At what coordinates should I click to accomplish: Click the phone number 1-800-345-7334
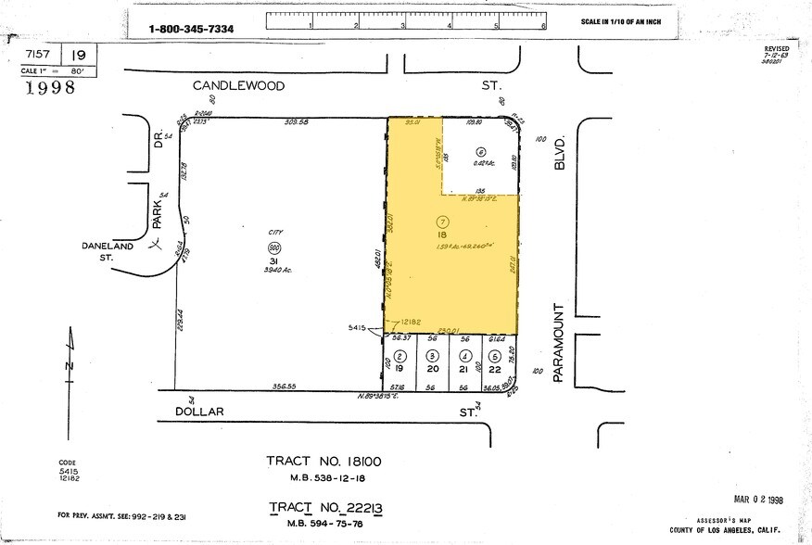(191, 30)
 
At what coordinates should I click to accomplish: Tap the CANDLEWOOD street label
(238, 85)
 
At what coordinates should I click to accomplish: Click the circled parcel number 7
(442, 222)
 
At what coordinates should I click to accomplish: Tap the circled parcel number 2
(400, 356)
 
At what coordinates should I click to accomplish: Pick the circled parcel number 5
(496, 356)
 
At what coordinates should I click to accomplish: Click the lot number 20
(432, 368)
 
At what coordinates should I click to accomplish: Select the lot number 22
(496, 368)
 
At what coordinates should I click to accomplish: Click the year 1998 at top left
(50, 88)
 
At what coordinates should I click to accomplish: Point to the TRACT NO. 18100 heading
(324, 462)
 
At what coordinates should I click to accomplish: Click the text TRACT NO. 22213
(325, 508)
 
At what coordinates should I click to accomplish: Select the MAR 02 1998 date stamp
(758, 474)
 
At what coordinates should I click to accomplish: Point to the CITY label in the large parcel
(274, 236)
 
